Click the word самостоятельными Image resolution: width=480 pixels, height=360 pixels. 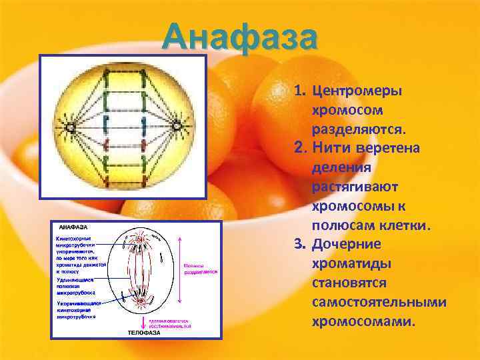[379, 302]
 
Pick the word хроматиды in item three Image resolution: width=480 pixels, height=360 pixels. [351, 264]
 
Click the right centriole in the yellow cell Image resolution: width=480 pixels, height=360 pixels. [177, 125]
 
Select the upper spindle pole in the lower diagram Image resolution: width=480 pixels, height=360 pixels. [143, 238]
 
